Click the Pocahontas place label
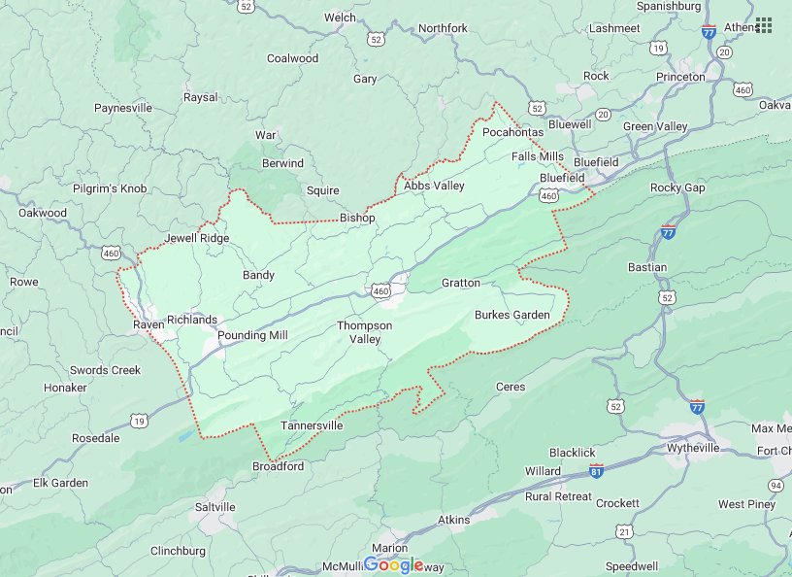coord(512,131)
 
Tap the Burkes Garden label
coord(511,315)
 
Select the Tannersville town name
coord(312,425)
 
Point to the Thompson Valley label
coord(364,332)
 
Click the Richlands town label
coord(192,320)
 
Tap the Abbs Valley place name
coord(434,186)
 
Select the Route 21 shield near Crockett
coord(624,531)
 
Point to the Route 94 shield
coord(775,485)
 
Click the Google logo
coord(394,565)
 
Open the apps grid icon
coord(764,25)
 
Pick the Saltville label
coord(214,507)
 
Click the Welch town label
coord(340,17)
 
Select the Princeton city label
coord(680,77)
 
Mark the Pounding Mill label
coord(252,335)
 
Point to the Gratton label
coord(460,283)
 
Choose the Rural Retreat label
coord(558,496)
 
